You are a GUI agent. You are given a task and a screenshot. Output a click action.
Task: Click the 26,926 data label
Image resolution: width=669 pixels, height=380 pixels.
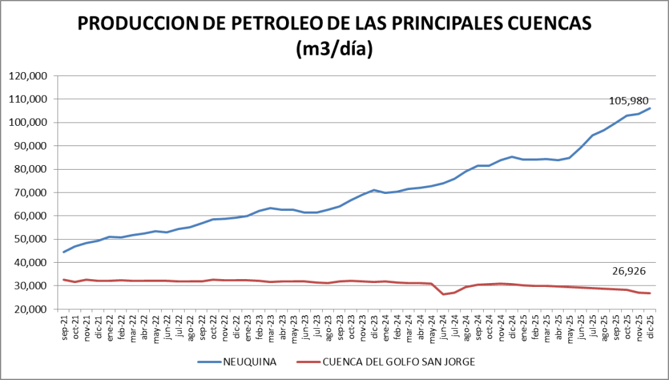click(628, 271)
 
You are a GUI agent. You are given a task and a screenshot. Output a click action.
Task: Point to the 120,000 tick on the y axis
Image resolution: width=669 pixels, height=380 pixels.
click(29, 76)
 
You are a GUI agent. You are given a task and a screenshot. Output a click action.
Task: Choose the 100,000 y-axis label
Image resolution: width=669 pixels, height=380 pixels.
click(29, 123)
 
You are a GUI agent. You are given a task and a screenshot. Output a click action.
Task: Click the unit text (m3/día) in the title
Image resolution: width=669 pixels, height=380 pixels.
click(334, 49)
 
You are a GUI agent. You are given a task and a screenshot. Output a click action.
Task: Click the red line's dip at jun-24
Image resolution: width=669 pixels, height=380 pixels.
click(444, 294)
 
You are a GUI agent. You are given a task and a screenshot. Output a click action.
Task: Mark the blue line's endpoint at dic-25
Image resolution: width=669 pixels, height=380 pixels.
click(650, 108)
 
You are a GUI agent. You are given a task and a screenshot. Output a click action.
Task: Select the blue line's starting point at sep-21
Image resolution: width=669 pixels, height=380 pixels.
click(63, 252)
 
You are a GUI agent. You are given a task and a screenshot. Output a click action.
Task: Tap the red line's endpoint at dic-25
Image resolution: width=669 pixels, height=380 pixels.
click(650, 293)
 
